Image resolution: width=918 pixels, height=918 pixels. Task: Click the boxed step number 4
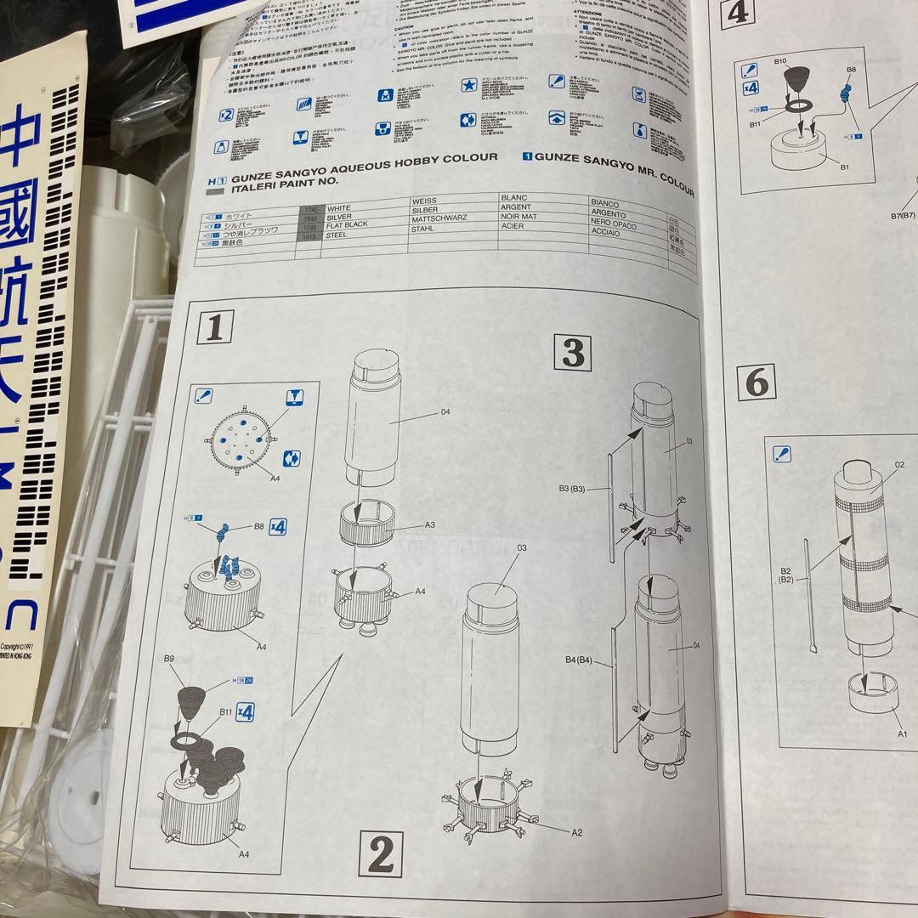738,13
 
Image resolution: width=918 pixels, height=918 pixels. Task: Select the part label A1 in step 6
902,733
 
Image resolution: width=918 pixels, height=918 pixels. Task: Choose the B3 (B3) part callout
575,489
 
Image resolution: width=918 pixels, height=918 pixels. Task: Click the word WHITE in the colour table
338,207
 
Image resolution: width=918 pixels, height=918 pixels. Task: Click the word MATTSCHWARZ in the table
438,218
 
